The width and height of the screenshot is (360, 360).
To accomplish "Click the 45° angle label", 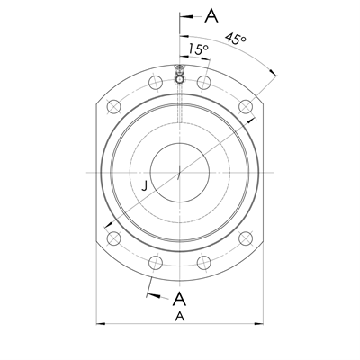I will coord(236,40).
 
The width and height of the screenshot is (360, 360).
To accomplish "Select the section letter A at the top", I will coord(211,15).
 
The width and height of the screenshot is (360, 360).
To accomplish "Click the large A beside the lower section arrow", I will coord(179,299).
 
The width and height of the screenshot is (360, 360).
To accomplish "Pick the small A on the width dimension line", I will coord(179,317).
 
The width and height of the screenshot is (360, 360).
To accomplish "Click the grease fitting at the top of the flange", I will coord(180,76).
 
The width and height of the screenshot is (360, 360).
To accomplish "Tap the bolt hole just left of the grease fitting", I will coord(155,83).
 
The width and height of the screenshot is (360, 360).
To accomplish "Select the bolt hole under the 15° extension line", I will coord(204,83).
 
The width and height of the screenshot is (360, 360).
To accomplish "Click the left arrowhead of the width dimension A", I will coord(98,323).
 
